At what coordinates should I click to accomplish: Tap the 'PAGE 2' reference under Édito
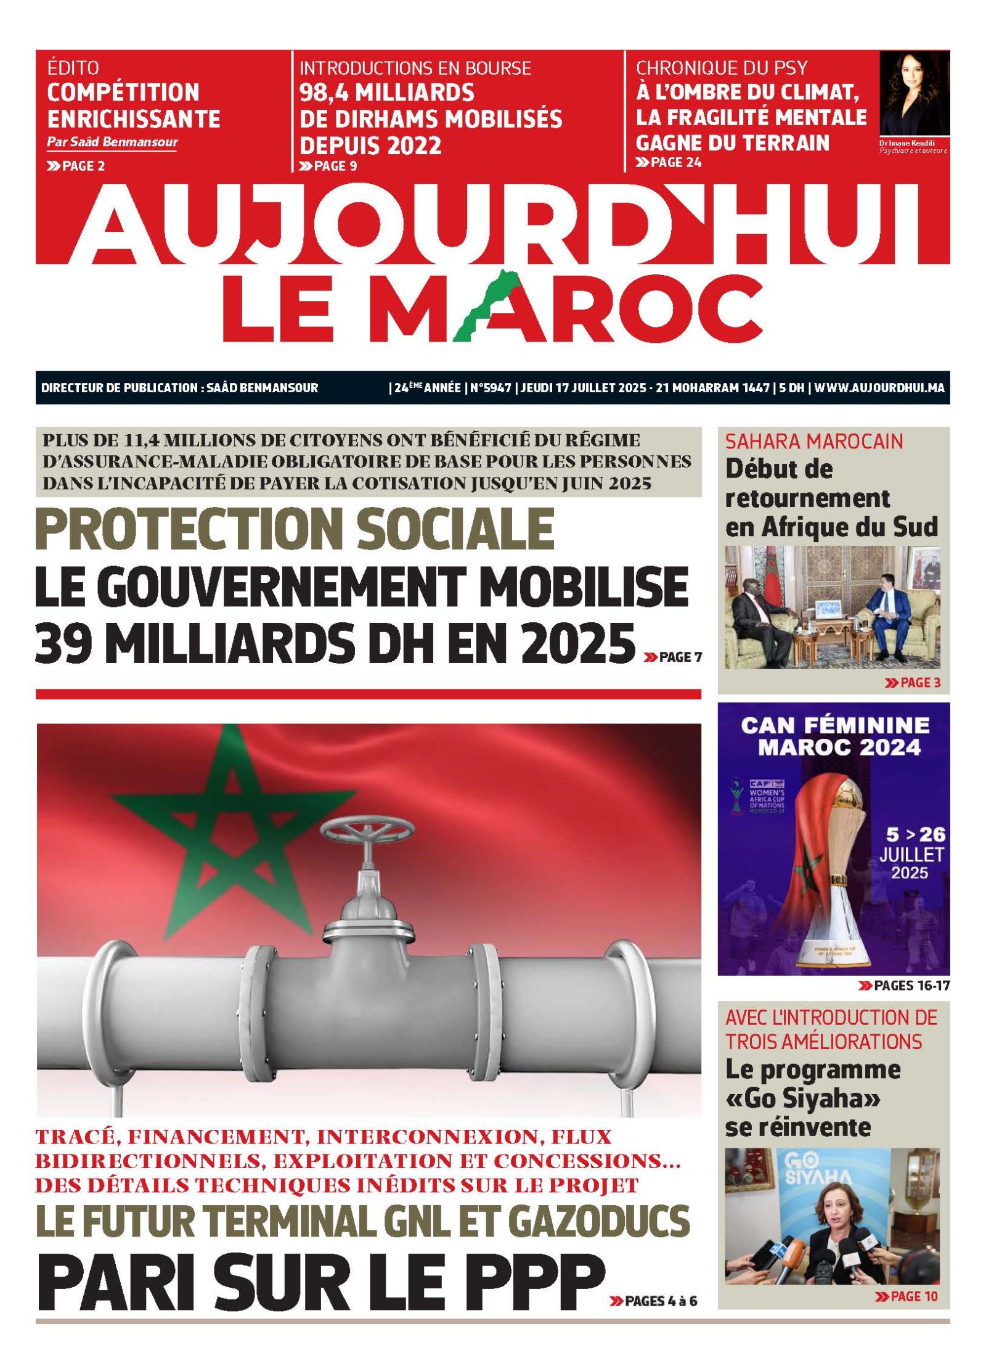pyautogui.click(x=76, y=166)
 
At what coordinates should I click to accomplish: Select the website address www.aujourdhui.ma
pyautogui.click(x=879, y=388)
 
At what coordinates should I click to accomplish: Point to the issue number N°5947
pyautogui.click(x=491, y=388)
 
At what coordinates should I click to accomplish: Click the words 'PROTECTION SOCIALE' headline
pyautogui.click(x=295, y=529)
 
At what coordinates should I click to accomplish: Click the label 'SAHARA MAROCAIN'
pyautogui.click(x=813, y=442)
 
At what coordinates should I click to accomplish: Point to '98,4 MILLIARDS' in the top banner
pyautogui.click(x=386, y=93)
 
